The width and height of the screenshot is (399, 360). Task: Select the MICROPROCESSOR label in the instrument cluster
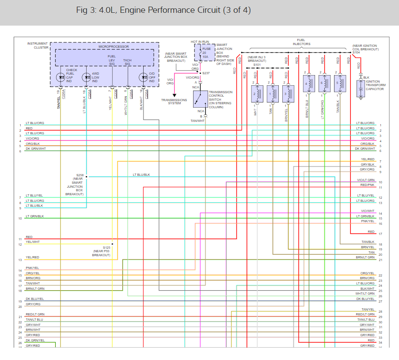click(114, 46)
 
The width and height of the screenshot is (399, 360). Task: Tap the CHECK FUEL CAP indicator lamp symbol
click(61, 76)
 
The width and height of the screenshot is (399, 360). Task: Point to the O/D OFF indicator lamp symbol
click(142, 76)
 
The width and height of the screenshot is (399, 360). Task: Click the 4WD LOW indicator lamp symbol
click(87, 76)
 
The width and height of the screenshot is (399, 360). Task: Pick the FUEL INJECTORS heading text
click(301, 42)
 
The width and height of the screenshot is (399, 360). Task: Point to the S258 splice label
click(80, 175)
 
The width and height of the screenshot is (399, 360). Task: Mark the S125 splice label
click(106, 248)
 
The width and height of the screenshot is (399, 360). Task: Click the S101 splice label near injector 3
click(257, 64)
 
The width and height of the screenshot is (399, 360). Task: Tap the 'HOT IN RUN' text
click(200, 42)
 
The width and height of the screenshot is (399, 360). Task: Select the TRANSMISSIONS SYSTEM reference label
click(174, 102)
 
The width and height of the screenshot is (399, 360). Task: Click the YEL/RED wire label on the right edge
click(368, 159)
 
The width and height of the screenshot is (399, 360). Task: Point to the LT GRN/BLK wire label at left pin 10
click(34, 216)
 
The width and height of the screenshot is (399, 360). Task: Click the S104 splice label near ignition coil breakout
click(356, 53)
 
